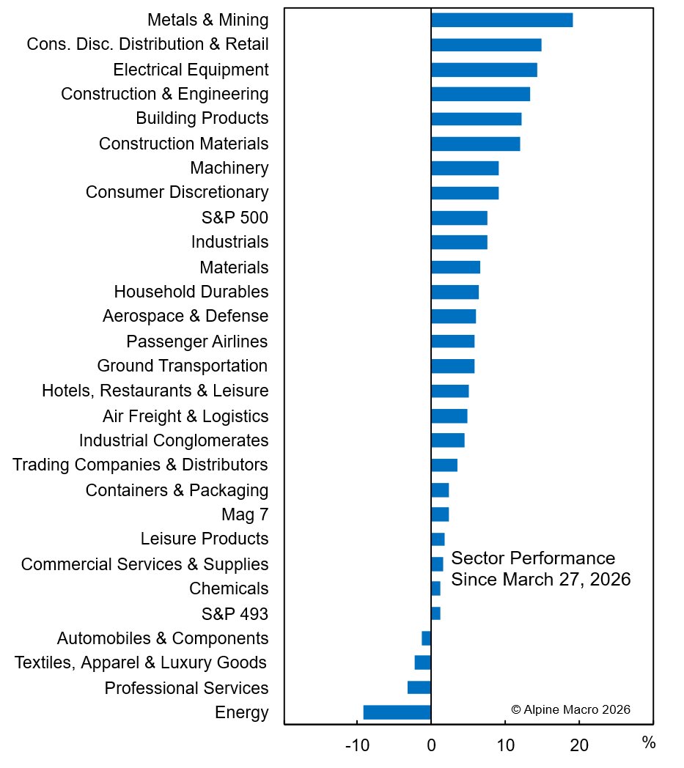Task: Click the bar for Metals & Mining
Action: point(501,20)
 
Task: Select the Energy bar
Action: point(397,712)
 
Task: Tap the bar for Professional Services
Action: point(419,687)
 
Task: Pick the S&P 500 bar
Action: point(459,218)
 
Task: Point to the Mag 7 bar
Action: point(440,514)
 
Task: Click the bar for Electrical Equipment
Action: point(484,70)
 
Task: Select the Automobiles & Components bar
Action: point(426,638)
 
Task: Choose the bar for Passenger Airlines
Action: point(452,341)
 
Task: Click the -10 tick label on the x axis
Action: point(357,746)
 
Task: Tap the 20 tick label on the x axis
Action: point(579,746)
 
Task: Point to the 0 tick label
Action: point(431,746)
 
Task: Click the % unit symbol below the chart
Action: point(648,743)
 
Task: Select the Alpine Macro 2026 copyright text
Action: point(570,709)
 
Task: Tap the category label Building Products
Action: point(202,118)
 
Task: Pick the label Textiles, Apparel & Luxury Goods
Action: point(141,663)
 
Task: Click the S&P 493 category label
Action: point(235,613)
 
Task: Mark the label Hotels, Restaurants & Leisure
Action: point(155,391)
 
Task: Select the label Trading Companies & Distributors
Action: point(140,465)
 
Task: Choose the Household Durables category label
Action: point(191,292)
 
